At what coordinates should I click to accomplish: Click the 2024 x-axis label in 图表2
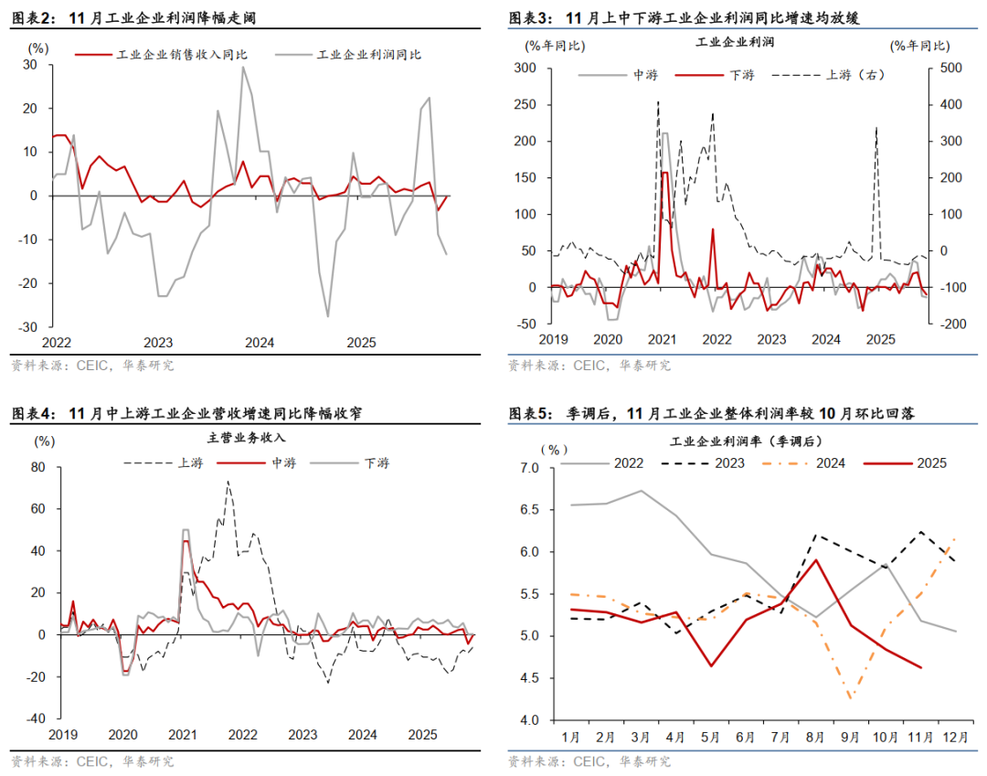click(260, 344)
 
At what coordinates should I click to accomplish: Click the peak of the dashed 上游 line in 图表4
click(228, 482)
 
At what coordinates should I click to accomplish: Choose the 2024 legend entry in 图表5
click(828, 463)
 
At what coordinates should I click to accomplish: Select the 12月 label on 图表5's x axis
click(955, 738)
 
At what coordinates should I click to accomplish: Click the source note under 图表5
click(589, 760)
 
